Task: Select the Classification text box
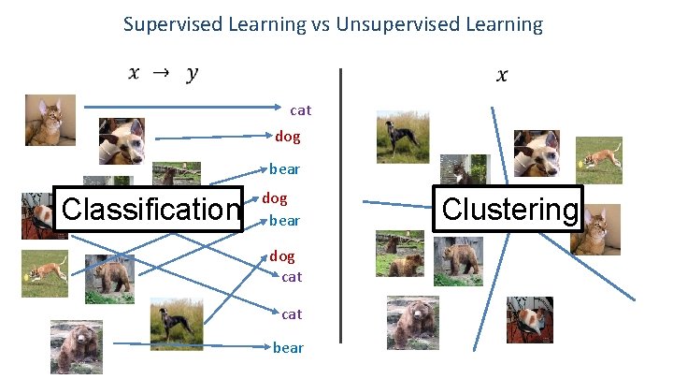tap(150, 208)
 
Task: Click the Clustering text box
tap(509, 209)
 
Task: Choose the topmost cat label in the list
tap(300, 110)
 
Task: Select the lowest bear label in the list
tap(288, 347)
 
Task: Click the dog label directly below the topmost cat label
tap(288, 137)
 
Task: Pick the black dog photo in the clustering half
tap(402, 137)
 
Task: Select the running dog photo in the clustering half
tap(598, 160)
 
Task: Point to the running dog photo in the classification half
tap(44, 273)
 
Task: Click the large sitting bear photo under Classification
tap(76, 346)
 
